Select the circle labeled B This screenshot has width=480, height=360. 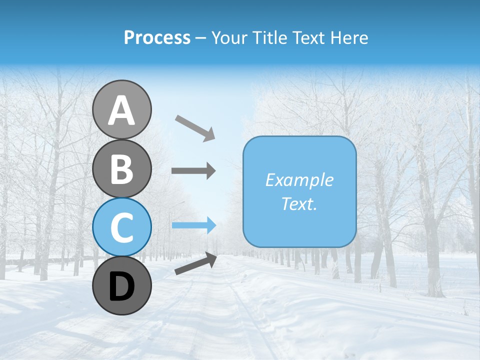[121, 168]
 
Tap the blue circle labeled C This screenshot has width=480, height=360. [121, 227]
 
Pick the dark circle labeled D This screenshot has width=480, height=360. [121, 285]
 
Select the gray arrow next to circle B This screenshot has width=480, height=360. [193, 171]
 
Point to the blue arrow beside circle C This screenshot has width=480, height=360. [193, 225]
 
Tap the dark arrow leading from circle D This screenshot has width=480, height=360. [195, 264]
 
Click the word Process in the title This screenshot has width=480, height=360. [157, 38]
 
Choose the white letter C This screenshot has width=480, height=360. [121, 227]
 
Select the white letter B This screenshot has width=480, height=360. [121, 169]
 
